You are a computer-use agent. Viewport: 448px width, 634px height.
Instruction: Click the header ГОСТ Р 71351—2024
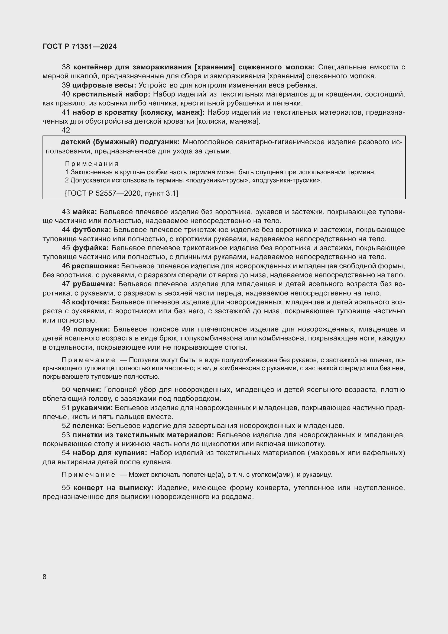[80, 46]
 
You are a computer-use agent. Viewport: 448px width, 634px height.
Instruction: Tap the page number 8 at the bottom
[44, 577]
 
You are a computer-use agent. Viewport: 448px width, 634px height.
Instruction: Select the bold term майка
[85, 212]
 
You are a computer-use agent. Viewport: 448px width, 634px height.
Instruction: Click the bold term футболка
[92, 230]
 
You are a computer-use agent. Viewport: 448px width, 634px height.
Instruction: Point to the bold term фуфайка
[91, 248]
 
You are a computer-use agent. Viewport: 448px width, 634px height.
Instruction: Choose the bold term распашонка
[95, 266]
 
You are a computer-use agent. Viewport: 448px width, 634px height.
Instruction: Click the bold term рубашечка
[94, 284]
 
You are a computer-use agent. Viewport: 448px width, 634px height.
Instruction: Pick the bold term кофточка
[90, 302]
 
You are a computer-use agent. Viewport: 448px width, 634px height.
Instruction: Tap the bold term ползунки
[92, 329]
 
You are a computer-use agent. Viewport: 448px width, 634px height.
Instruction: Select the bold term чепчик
[87, 390]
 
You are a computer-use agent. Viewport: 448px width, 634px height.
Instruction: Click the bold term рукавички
[92, 408]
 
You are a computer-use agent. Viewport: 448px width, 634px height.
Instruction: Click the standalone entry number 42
[66, 130]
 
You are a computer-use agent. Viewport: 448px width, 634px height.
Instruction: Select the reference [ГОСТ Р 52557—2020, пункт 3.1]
[122, 193]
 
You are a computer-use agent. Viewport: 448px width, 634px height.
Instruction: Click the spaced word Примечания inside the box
[92, 164]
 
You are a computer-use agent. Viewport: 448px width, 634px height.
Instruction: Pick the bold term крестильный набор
[111, 94]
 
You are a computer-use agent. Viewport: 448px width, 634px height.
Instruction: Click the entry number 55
[66, 488]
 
